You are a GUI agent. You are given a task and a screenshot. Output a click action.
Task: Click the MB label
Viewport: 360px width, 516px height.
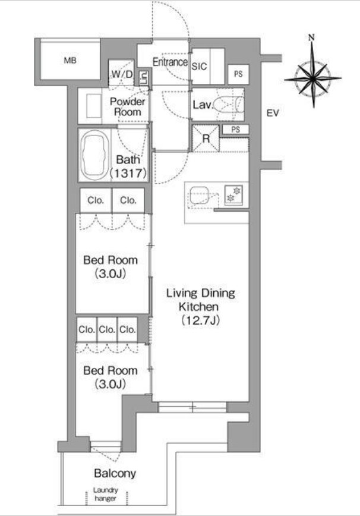click(x=70, y=61)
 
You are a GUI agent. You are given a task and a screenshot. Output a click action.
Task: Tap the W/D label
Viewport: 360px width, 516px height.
click(x=122, y=74)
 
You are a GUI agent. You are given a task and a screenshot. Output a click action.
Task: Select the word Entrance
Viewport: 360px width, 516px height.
click(x=170, y=62)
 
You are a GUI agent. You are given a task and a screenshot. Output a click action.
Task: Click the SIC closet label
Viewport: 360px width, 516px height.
click(x=199, y=67)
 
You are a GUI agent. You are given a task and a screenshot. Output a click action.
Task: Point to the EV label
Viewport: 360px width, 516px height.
click(x=273, y=113)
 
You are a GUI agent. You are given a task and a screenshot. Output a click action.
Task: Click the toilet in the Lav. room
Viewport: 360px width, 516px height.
click(x=229, y=104)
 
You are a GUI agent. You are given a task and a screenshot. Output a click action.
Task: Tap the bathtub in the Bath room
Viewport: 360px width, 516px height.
click(x=94, y=155)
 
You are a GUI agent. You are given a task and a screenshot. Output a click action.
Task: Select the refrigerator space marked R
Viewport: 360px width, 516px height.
click(x=206, y=138)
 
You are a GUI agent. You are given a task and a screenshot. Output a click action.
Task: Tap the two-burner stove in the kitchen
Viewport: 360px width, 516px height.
click(x=233, y=195)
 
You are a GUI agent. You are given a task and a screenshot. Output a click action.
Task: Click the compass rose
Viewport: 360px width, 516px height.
click(x=312, y=78)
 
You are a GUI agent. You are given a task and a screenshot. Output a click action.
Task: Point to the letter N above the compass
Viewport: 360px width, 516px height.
click(x=311, y=37)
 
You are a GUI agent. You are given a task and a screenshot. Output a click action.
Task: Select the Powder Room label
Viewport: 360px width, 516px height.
click(x=127, y=106)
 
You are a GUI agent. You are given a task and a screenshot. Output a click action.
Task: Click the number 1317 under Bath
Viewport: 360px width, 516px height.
click(x=128, y=173)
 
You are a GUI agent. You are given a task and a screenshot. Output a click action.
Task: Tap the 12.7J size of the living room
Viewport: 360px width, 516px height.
click(x=200, y=320)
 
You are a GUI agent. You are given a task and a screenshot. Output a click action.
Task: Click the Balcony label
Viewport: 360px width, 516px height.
click(x=115, y=473)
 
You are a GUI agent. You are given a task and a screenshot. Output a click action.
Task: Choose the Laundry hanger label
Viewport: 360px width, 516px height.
click(x=105, y=494)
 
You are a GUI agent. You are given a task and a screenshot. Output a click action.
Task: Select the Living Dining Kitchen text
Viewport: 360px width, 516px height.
click(x=200, y=300)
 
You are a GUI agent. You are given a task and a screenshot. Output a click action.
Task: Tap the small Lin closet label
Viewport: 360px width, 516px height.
click(x=144, y=78)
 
